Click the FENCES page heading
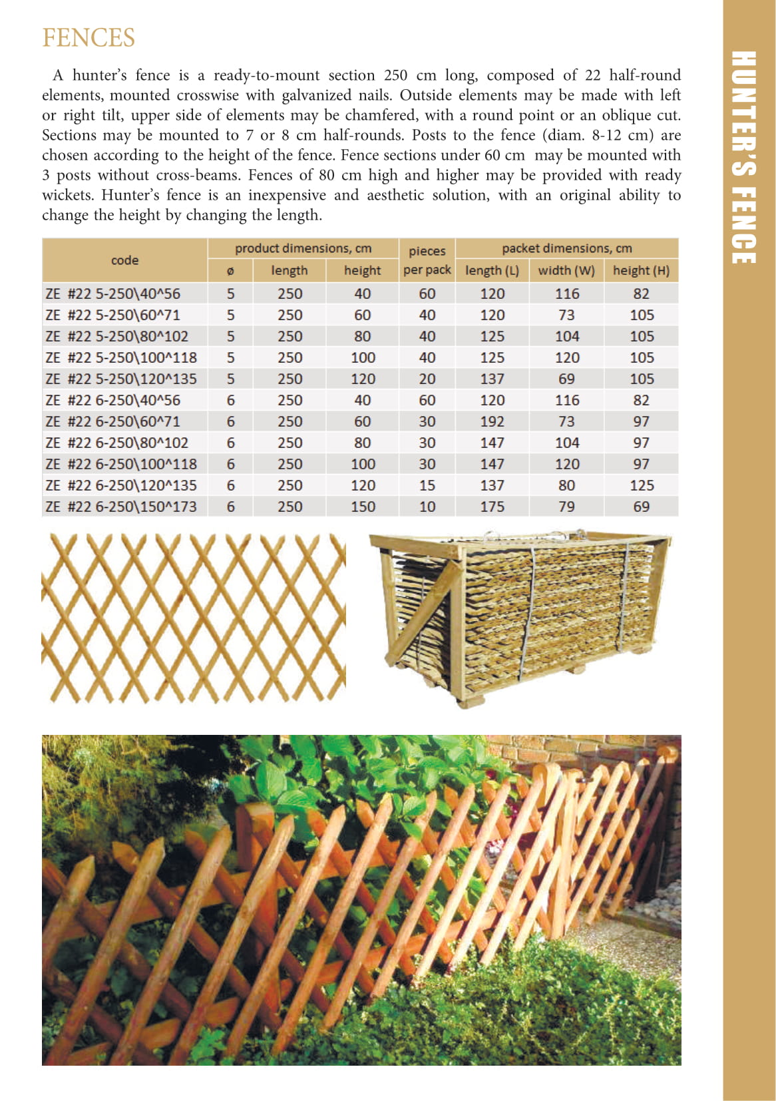tap(89, 38)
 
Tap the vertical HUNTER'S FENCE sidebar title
tap(743, 157)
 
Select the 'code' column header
tap(124, 260)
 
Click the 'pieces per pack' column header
tap(427, 260)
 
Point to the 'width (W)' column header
tap(566, 270)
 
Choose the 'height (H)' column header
tap(641, 270)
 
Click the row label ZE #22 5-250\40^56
tap(112, 294)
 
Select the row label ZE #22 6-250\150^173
tap(121, 507)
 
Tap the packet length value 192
tap(492, 421)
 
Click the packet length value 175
tap(492, 507)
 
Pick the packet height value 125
tap(642, 485)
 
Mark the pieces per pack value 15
tap(427, 485)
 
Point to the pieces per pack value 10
tap(427, 507)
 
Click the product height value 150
tap(363, 507)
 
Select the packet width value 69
tap(566, 379)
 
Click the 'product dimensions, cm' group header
tap(303, 248)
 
